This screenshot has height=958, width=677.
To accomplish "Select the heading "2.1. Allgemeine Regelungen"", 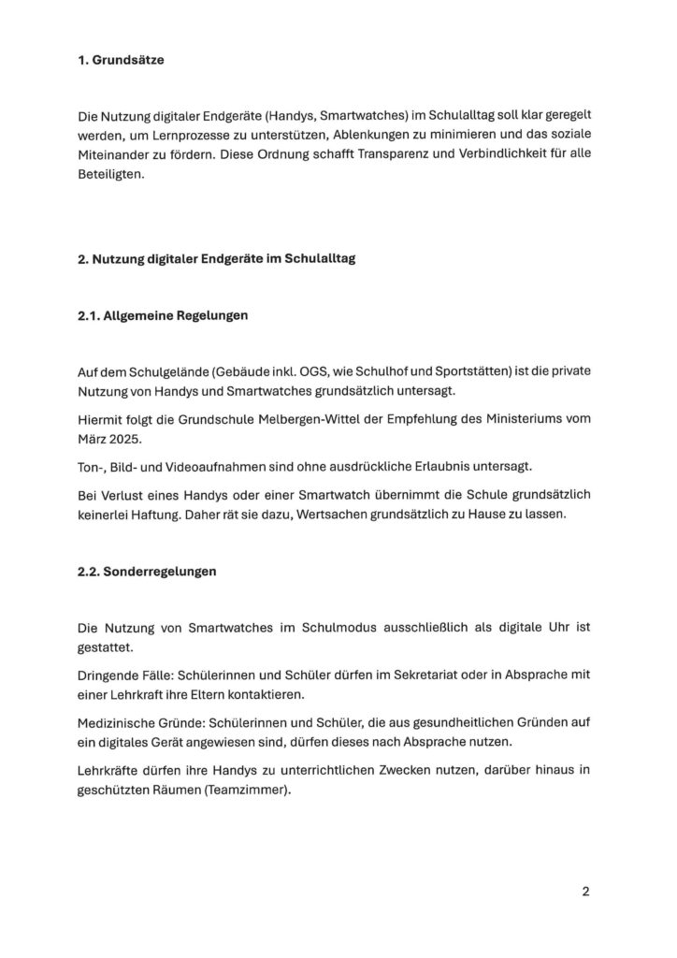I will pyautogui.click(x=163, y=316).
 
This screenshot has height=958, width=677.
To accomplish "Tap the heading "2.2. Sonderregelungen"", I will pyautogui.click(x=147, y=572).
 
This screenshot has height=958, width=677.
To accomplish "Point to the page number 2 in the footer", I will pyautogui.click(x=585, y=892).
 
